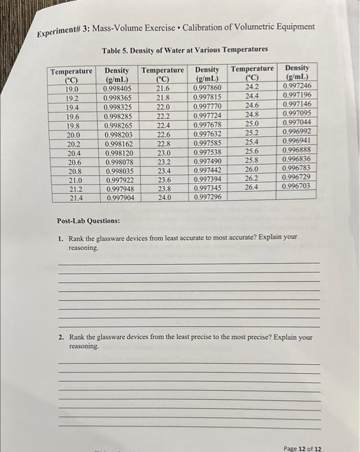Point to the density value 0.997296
[x=207, y=197]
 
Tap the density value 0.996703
[x=296, y=186]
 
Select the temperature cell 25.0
[x=251, y=123]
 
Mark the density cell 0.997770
[x=207, y=107]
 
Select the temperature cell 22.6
[x=163, y=134]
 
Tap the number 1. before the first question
[x=60, y=238]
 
